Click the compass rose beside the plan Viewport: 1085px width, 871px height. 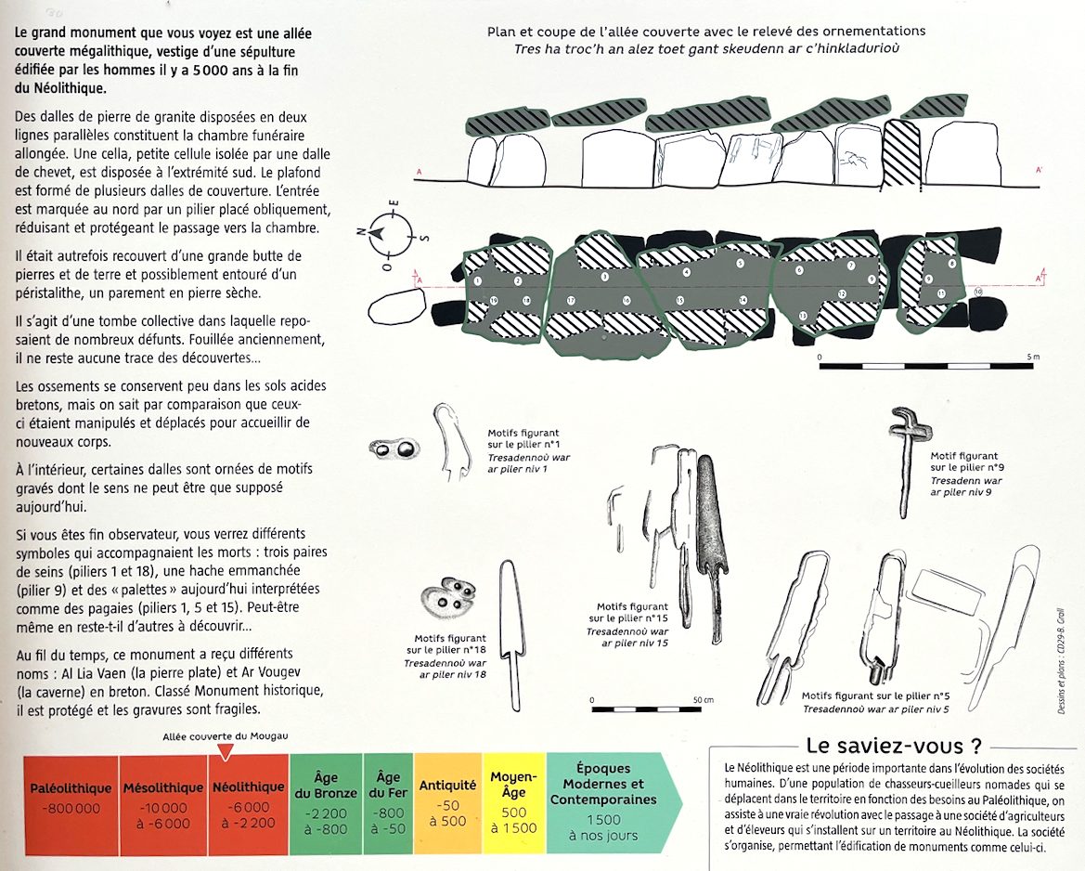[x=392, y=231]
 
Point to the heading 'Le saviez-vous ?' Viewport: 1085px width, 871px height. [x=894, y=746]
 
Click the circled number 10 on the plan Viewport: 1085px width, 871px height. [x=979, y=292]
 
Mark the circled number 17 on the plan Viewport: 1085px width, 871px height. [x=571, y=300]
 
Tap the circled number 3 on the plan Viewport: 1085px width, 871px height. [x=604, y=277]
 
